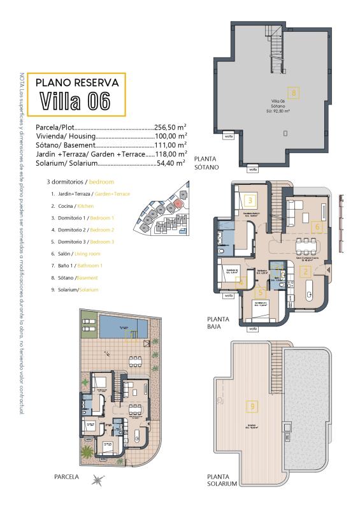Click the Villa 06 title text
pyautogui.click(x=75, y=101)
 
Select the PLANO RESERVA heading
pyautogui.click(x=76, y=82)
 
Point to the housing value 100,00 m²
pyautogui.click(x=171, y=136)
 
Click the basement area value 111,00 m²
pyautogui.click(x=171, y=145)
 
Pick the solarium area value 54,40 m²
pyautogui.click(x=172, y=163)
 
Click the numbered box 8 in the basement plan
pyautogui.click(x=294, y=92)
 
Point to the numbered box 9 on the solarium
pyautogui.click(x=253, y=405)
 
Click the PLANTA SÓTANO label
pyautogui.click(x=206, y=163)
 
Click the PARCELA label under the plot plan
pyautogui.click(x=66, y=476)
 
